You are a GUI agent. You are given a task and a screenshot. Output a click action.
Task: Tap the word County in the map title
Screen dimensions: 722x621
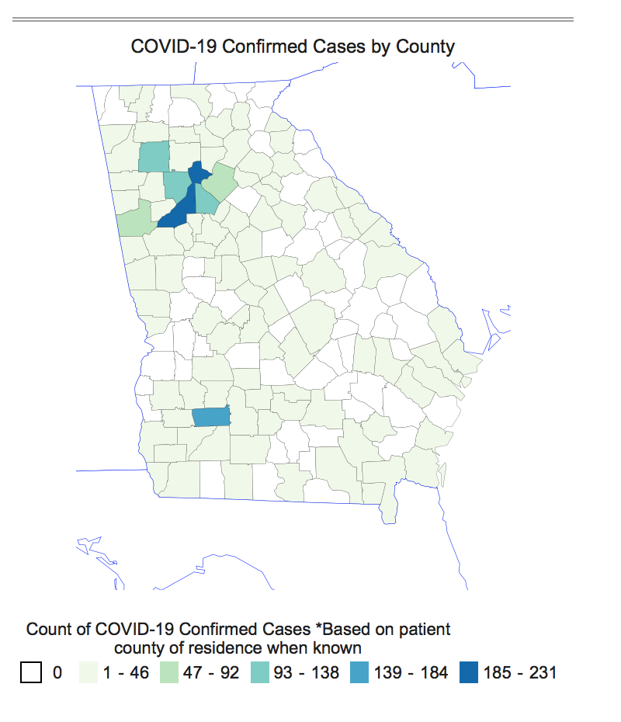(x=425, y=47)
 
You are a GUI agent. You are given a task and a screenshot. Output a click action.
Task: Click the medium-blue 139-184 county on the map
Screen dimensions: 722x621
(x=211, y=417)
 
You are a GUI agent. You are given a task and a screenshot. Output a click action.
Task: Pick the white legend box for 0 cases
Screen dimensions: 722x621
(x=30, y=672)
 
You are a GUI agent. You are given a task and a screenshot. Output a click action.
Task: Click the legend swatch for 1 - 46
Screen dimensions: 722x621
(x=89, y=672)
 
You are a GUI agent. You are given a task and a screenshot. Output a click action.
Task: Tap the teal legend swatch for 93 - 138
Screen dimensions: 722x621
(x=260, y=672)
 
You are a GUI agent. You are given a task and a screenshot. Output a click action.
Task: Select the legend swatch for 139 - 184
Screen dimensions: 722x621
(x=359, y=672)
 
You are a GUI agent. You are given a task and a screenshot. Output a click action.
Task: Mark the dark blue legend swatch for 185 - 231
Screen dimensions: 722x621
(x=468, y=672)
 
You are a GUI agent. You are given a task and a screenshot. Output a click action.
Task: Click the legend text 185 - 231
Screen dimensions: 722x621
(x=519, y=672)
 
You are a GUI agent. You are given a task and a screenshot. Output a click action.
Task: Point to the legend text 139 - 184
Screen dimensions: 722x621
(x=411, y=672)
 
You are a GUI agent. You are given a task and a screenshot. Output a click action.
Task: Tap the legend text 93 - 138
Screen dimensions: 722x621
(x=307, y=672)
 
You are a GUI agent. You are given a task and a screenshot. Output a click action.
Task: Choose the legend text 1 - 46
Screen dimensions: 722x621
(x=127, y=672)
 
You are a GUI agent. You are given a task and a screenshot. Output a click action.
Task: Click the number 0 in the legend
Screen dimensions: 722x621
(x=57, y=672)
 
